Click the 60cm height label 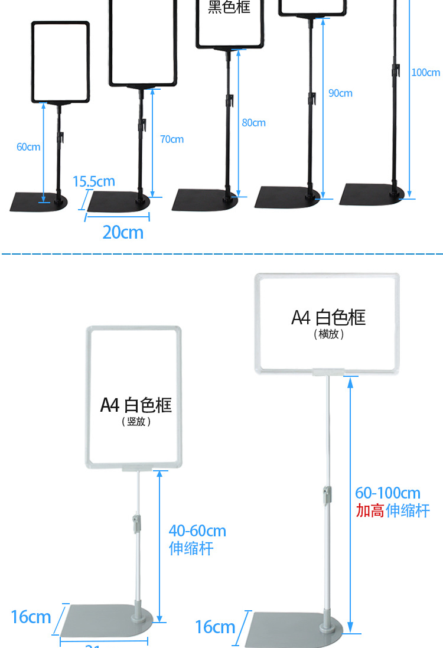pyautogui.click(x=28, y=146)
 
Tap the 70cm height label pyautogui.click(x=172, y=139)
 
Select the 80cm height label pyautogui.click(x=253, y=123)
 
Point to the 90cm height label pyautogui.click(x=340, y=93)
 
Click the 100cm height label pyautogui.click(x=425, y=73)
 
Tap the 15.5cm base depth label pyautogui.click(x=93, y=181)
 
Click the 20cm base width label pyautogui.click(x=123, y=232)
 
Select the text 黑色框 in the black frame pyautogui.click(x=229, y=7)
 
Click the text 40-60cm pyautogui.click(x=197, y=531)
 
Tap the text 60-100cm pyautogui.click(x=388, y=493)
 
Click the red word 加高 pyautogui.click(x=370, y=511)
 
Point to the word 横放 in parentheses pyautogui.click(x=328, y=334)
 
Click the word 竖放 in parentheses pyautogui.click(x=136, y=422)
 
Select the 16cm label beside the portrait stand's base pyautogui.click(x=31, y=617)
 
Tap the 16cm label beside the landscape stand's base pyautogui.click(x=215, y=627)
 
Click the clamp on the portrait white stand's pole pyautogui.click(x=136, y=522)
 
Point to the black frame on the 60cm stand pyautogui.click(x=60, y=62)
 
